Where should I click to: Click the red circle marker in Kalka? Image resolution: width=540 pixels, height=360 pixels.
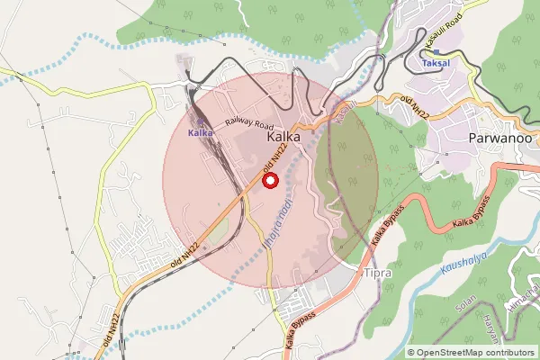[x=269, y=180]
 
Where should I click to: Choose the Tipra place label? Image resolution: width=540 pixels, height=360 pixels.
[x=379, y=272]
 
